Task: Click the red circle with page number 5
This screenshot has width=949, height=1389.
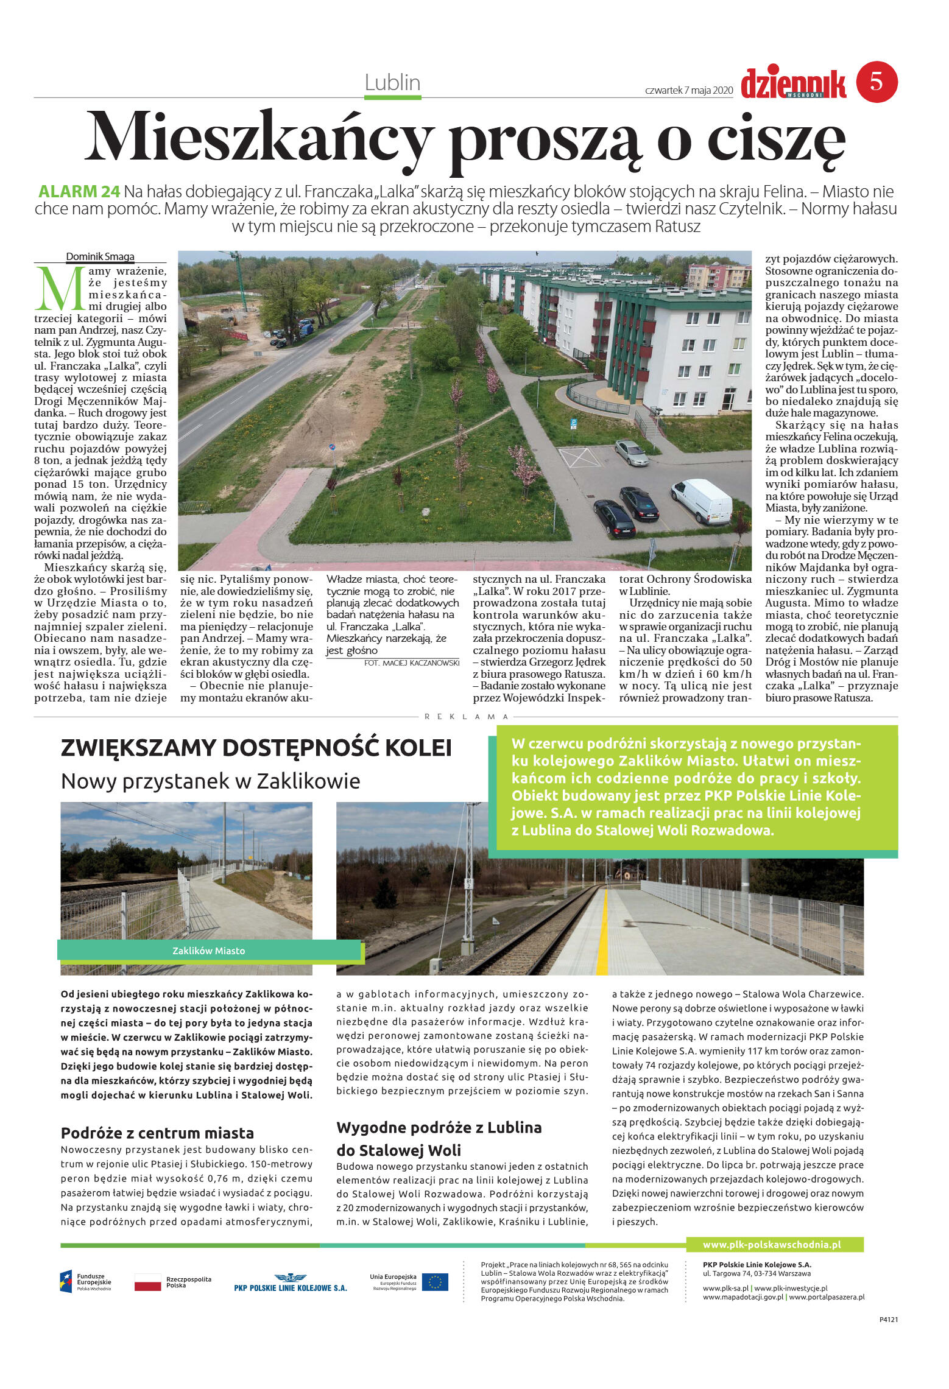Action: [x=877, y=82]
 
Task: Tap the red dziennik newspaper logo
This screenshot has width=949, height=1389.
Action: [x=793, y=83]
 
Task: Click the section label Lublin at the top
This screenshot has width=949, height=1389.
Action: [x=392, y=83]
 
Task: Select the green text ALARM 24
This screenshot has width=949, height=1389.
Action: [x=79, y=192]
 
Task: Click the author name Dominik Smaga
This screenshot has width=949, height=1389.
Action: [x=101, y=256]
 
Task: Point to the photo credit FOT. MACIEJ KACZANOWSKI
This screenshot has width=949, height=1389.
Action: [x=411, y=663]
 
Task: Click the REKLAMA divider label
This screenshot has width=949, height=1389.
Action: [x=466, y=717]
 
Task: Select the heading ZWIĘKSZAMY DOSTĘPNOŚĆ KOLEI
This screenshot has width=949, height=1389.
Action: [x=256, y=748]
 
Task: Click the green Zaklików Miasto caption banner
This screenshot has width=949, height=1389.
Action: [x=209, y=951]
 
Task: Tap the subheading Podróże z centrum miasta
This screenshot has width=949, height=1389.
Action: [x=157, y=1133]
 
